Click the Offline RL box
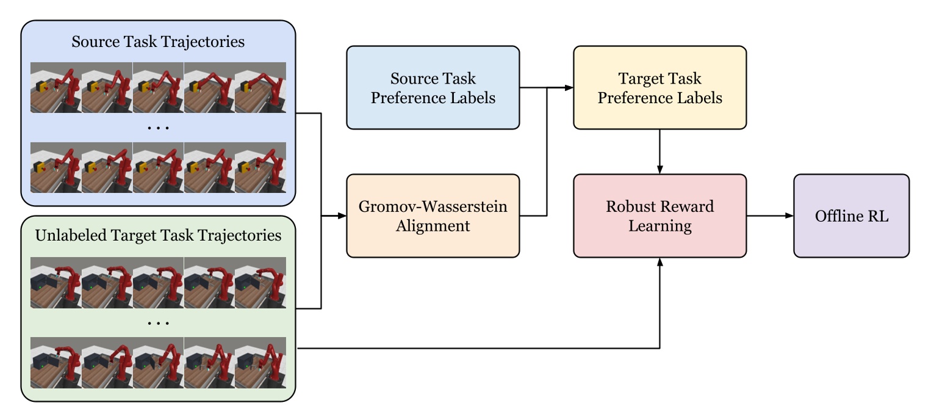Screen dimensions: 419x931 pos(851,216)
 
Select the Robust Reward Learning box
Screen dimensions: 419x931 pos(660,216)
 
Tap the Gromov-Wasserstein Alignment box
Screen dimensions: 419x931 pos(433,216)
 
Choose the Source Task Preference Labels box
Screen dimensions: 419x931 pos(433,87)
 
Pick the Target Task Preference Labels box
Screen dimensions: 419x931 pos(660,87)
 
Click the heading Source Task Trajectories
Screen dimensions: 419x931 pos(158,42)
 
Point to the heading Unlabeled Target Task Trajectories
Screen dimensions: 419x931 pos(158,235)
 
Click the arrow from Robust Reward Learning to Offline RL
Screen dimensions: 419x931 pos(769,216)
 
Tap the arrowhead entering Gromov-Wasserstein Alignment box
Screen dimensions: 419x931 pos(342,216)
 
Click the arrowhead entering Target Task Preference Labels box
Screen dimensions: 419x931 pos(569,88)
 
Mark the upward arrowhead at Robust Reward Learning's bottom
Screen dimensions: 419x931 pos(660,261)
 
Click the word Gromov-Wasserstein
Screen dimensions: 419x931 pos(433,206)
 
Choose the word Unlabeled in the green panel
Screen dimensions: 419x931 pos(66,235)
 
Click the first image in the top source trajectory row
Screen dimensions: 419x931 pos(56,87)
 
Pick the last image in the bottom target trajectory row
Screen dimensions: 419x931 pos(261,362)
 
